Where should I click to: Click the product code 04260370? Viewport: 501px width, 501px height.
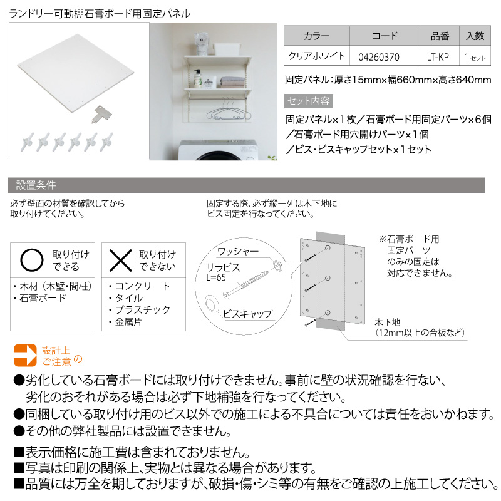379,56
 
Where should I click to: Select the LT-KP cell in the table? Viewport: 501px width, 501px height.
438,56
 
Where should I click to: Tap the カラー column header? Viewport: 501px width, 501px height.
316,36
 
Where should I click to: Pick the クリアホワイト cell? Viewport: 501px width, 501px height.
316,56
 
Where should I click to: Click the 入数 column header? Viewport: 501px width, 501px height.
474,36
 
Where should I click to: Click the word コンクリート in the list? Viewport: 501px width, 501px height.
142,286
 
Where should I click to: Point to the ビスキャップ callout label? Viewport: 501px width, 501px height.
247,313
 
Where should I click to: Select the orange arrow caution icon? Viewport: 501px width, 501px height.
25,354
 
